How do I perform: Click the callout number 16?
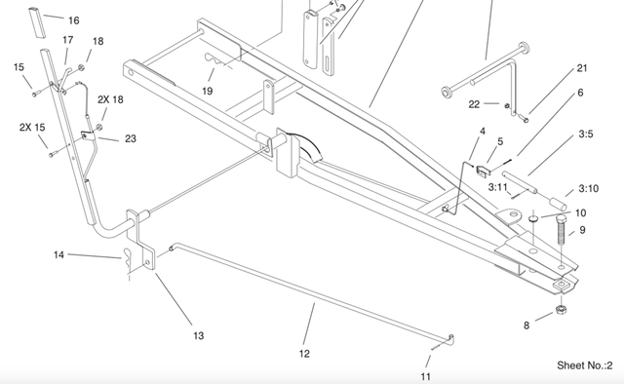(x=74, y=20)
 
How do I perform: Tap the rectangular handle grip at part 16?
(x=37, y=23)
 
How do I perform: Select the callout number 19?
(x=208, y=91)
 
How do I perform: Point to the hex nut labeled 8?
(x=562, y=308)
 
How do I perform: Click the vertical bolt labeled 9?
(x=561, y=230)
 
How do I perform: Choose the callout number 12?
(x=304, y=354)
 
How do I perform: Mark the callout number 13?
(x=199, y=336)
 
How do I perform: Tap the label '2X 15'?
(x=32, y=128)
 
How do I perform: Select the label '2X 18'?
(x=110, y=99)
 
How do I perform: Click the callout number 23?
(x=131, y=138)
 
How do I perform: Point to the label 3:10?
(x=589, y=188)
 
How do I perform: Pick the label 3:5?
(x=586, y=134)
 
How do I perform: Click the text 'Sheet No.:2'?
(x=585, y=365)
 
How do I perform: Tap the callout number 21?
(x=582, y=68)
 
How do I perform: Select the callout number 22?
(x=474, y=104)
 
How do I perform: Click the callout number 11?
(x=425, y=376)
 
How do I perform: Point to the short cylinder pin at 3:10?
(x=559, y=204)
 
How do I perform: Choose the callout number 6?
(x=580, y=93)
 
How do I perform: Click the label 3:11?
(x=498, y=187)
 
